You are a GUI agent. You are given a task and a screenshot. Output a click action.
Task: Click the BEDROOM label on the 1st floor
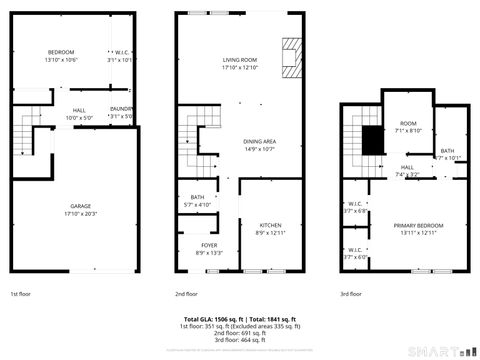pos(62,52)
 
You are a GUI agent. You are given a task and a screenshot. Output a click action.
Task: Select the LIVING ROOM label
pos(240,60)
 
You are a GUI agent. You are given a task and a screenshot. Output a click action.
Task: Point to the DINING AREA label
pos(259,141)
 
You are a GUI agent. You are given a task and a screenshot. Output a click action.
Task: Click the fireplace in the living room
pos(290,58)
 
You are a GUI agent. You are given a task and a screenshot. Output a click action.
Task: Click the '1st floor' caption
pos(21,294)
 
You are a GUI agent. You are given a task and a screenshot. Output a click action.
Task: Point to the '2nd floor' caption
pos(186,294)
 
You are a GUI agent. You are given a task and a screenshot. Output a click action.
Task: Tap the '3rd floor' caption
pos(350,294)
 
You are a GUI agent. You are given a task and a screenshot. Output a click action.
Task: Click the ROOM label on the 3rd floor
pos(408,122)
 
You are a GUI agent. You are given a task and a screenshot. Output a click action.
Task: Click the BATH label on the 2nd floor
pos(197,197)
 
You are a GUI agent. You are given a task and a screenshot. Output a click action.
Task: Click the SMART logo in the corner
pos(445,350)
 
